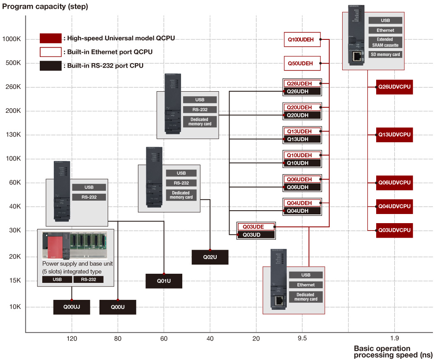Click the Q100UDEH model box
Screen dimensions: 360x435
302,39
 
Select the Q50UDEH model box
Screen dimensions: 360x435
302,63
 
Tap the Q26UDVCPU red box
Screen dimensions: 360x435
394,87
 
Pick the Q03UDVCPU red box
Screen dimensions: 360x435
394,230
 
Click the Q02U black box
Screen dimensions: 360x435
210,257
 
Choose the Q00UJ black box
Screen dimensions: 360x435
72,307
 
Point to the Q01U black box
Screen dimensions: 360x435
164,281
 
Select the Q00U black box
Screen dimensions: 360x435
118,307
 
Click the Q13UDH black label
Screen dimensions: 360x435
302,139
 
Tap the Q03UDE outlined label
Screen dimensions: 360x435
256,227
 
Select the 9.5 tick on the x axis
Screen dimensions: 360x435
302,338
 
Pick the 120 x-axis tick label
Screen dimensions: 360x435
72,338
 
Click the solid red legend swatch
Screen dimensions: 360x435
51,38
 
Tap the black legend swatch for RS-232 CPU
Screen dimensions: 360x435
51,66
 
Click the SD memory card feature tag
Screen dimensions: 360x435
385,54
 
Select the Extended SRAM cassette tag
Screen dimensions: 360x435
385,42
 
